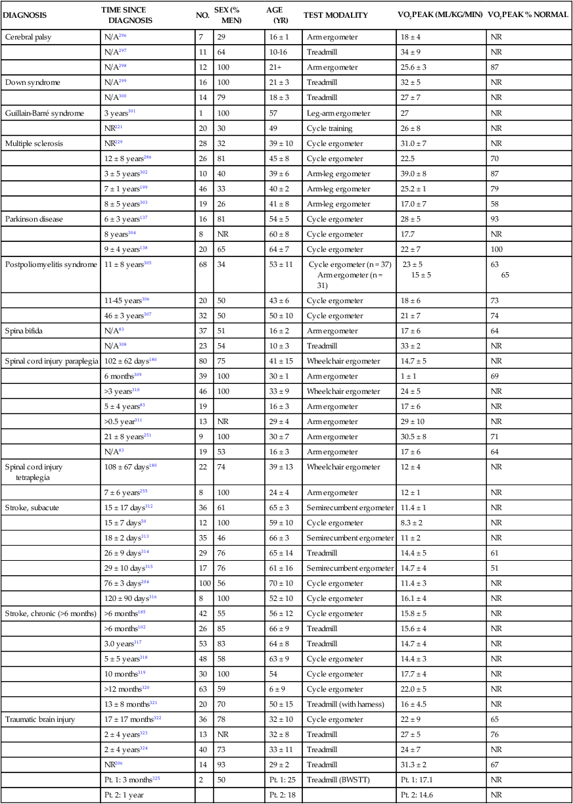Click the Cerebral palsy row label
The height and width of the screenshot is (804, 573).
(x=28, y=37)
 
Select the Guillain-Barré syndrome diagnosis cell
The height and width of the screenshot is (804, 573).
(x=45, y=113)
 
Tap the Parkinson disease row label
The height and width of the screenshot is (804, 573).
(x=34, y=219)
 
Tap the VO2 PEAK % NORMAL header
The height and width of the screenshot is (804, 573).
(x=528, y=14)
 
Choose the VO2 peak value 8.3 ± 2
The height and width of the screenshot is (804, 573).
(x=414, y=523)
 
